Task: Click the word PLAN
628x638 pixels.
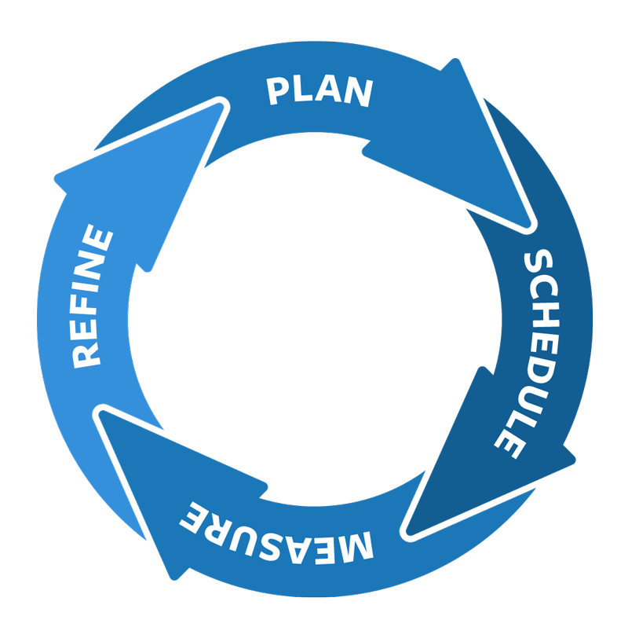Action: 319,91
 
